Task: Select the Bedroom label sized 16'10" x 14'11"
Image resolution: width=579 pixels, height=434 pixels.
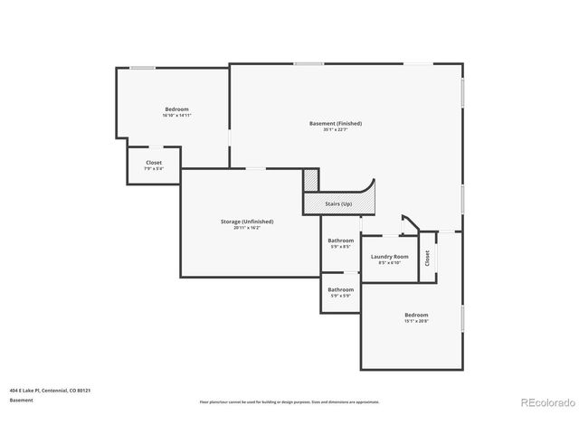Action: pos(176,109)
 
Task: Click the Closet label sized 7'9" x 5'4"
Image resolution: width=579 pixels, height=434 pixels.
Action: pos(154,163)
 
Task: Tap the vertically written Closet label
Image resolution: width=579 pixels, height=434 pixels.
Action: pos(428,257)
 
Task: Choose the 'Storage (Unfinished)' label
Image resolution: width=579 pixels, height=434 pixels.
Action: pos(246,222)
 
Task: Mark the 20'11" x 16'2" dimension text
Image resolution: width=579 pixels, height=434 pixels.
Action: pos(246,228)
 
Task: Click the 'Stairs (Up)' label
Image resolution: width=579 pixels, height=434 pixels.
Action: pos(339,205)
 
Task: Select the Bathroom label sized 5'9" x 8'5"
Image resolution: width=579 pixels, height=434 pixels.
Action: pos(340,242)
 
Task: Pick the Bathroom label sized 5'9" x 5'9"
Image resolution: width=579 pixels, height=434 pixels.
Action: pos(340,289)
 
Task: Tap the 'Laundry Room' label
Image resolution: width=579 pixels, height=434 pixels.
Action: pos(389,257)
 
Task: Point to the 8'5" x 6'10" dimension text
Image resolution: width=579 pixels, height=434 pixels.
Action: pos(389,263)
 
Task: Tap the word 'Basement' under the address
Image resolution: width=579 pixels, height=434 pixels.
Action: pos(22,400)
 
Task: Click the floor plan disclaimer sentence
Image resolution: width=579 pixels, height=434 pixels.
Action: pos(289,402)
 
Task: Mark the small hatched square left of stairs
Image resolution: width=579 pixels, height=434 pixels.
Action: pos(311,180)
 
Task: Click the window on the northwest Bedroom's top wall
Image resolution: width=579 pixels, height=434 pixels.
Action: pos(142,68)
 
